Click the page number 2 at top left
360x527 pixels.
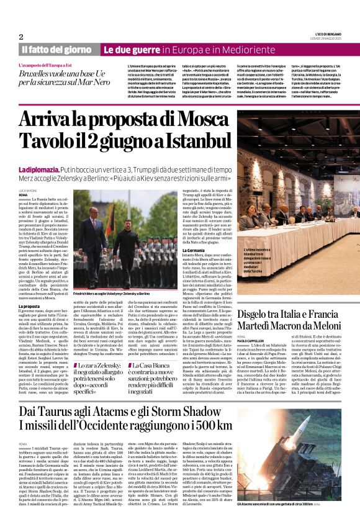point(21,37)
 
